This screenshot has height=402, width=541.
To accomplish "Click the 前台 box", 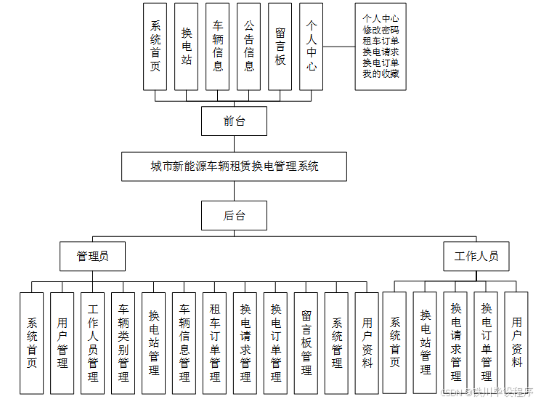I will (x=234, y=121).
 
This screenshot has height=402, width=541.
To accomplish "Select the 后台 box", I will (x=234, y=215).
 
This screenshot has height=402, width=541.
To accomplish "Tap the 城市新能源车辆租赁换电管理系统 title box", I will (x=234, y=166).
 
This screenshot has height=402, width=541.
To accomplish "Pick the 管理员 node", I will (x=92, y=257).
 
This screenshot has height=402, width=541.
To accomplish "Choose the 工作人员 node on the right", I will (x=476, y=257).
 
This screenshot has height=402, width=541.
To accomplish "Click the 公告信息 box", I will (x=249, y=47).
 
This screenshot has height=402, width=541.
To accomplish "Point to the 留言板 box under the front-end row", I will (x=280, y=47).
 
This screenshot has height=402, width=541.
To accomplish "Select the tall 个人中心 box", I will (x=311, y=47).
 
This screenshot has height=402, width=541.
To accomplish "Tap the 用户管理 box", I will (x=62, y=342).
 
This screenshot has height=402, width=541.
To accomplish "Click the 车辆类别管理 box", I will (x=123, y=342).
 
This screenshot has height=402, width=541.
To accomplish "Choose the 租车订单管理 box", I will (x=215, y=342).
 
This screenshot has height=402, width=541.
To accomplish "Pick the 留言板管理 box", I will (x=306, y=342).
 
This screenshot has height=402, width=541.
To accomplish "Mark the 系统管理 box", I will (x=337, y=342).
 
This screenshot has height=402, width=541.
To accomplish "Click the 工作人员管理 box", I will (x=93, y=342).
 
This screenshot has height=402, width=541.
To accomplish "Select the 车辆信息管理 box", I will (x=184, y=342).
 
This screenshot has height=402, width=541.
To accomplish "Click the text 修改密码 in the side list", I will (x=381, y=30).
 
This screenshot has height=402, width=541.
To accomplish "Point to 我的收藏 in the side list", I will (x=381, y=73).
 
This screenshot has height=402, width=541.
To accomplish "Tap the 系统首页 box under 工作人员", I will (x=395, y=342).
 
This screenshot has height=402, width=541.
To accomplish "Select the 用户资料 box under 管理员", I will (x=367, y=342).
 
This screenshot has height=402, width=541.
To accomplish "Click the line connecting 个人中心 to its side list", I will (x=338, y=47).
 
